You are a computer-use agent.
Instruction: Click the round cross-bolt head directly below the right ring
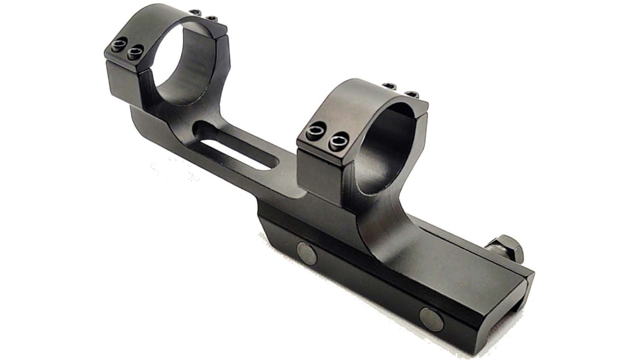[306, 252]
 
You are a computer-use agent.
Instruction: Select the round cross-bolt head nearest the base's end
[431, 319]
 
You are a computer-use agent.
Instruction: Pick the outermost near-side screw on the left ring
[118, 46]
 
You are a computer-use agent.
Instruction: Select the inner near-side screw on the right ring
[338, 140]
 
